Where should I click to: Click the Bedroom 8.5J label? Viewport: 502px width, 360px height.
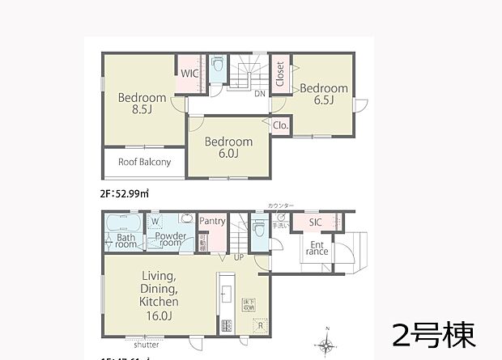142,104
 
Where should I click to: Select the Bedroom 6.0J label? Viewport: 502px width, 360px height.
228,147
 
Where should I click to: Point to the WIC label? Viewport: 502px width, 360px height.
189,74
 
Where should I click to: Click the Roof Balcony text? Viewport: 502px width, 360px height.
144,162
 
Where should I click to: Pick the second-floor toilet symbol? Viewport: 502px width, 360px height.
217,67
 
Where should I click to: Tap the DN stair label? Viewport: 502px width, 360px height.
261,94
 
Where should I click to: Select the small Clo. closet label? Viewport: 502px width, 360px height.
280,125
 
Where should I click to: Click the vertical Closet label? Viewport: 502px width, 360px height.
279,74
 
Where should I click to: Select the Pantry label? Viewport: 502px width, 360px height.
211,221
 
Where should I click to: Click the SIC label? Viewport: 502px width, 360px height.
316,222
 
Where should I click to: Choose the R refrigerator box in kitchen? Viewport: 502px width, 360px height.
259,324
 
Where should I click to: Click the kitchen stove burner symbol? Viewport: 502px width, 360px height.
226,325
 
